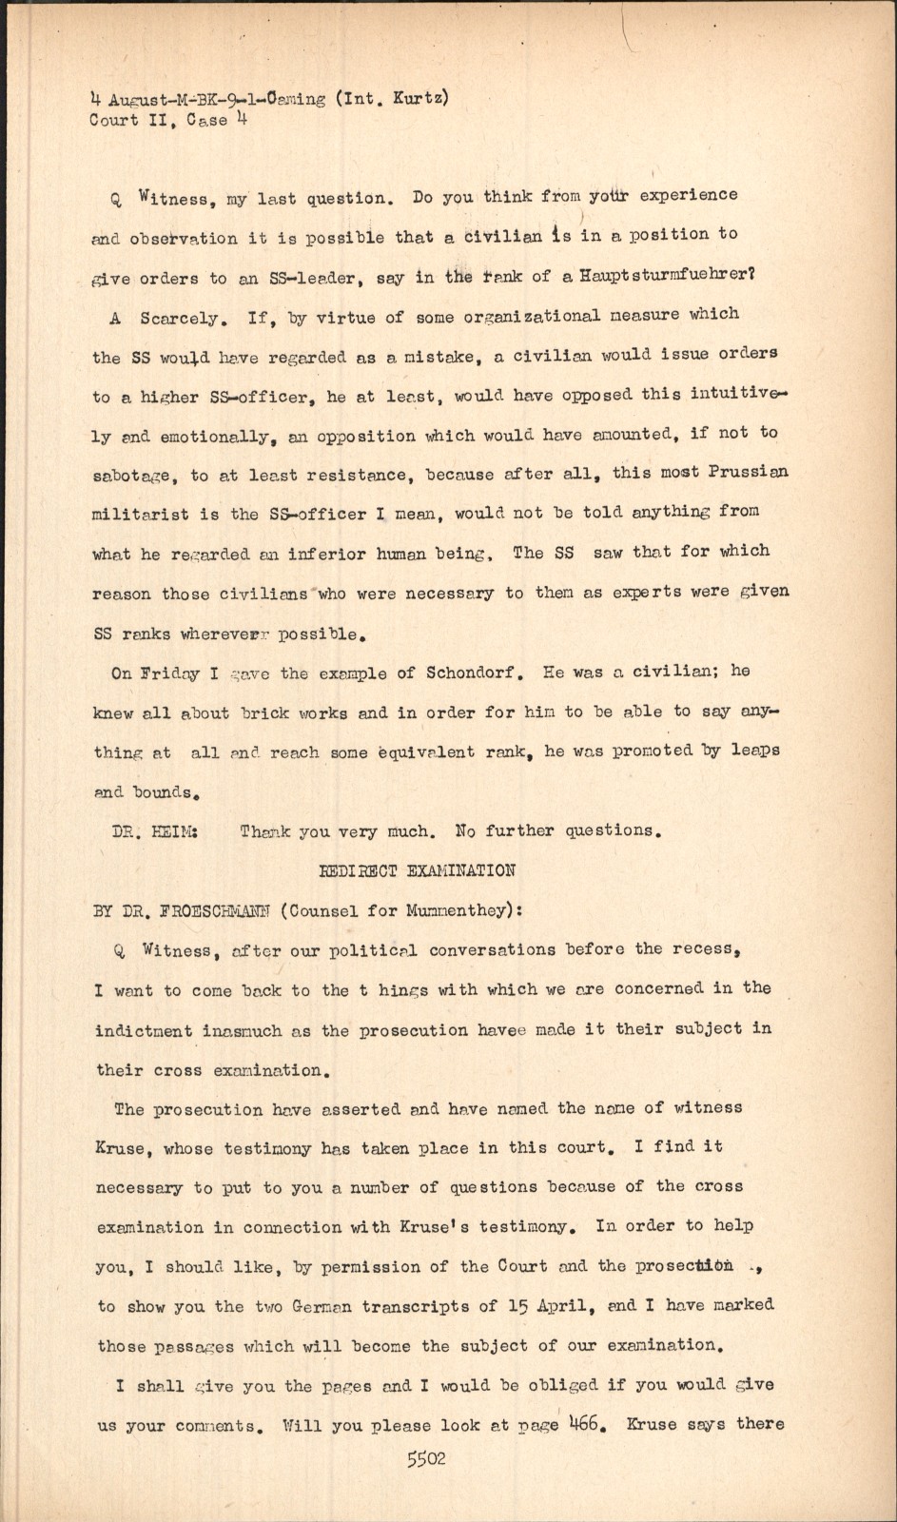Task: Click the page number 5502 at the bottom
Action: pos(426,1459)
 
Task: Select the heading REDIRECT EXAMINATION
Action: pos(417,870)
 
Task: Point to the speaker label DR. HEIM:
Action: pos(155,830)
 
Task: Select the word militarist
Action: pos(140,515)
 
